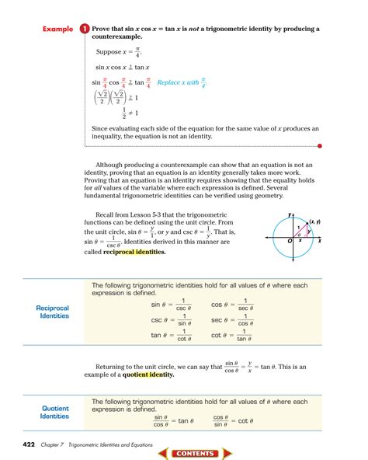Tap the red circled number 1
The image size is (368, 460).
(x=83, y=29)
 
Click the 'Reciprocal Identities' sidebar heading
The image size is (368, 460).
(x=53, y=312)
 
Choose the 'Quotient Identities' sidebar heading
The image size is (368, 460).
(x=55, y=412)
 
